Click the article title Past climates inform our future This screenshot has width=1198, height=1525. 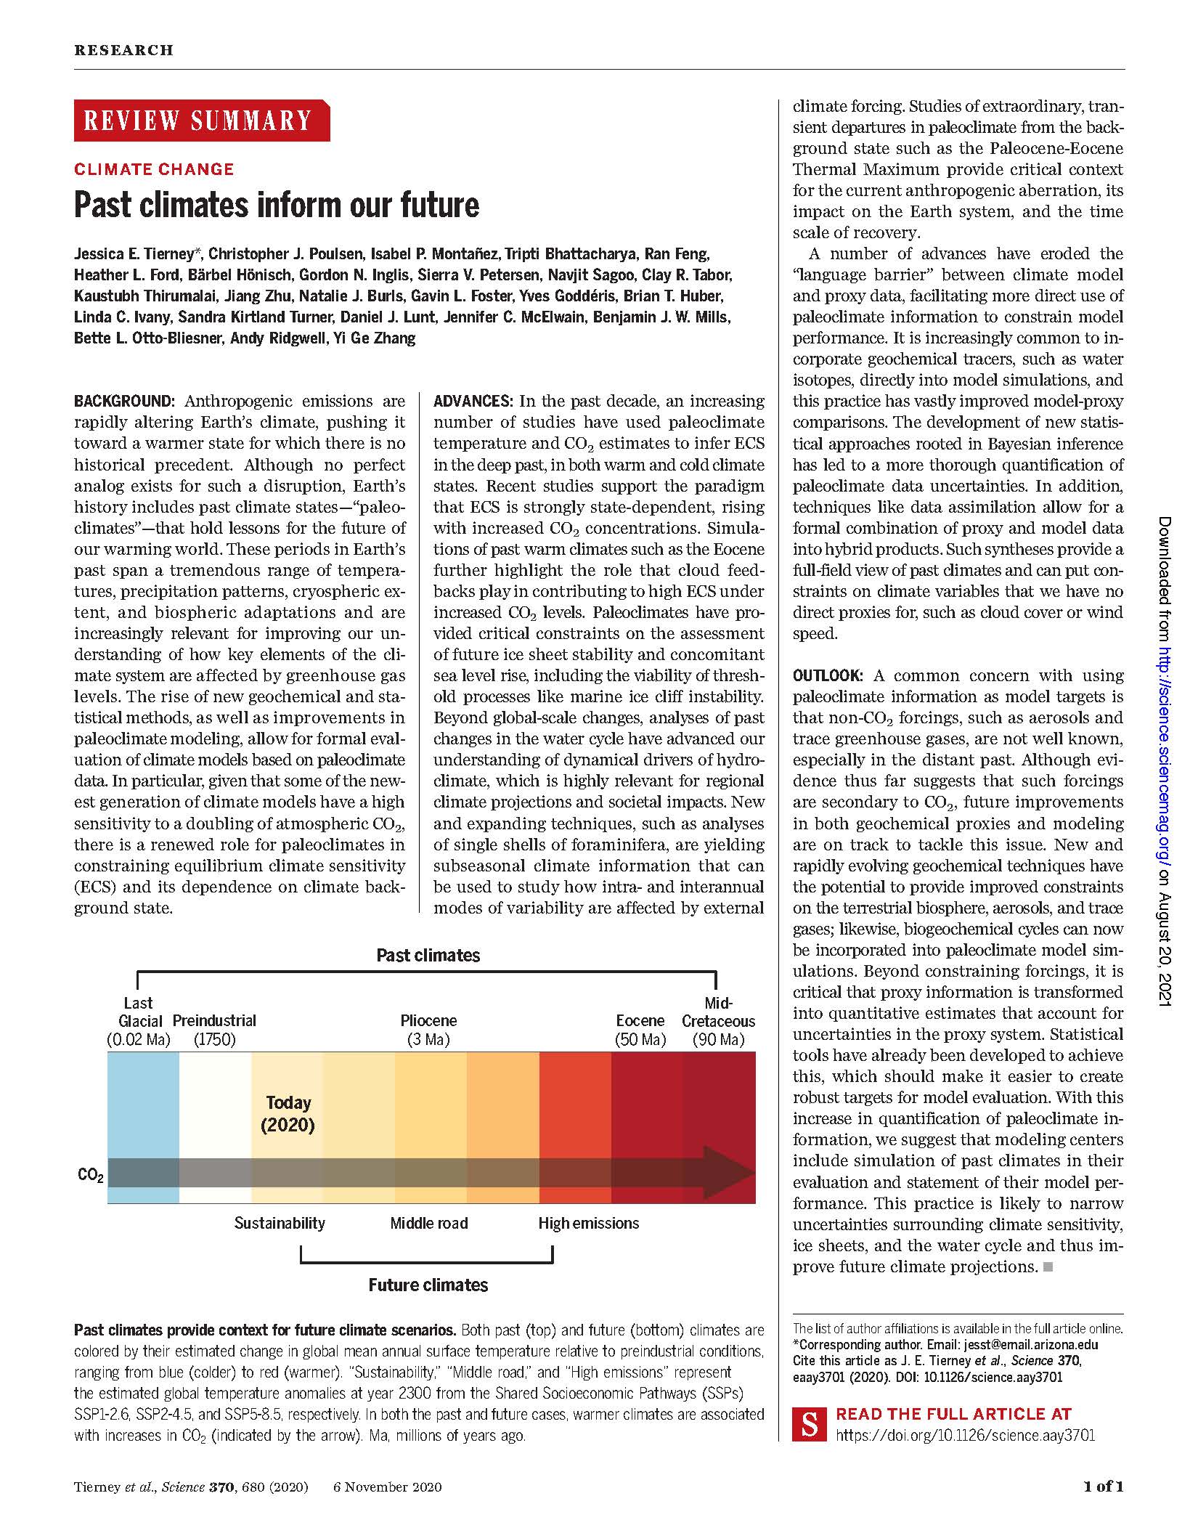click(277, 205)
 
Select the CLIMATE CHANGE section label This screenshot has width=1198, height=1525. click(154, 169)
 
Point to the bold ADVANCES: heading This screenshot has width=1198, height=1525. click(474, 402)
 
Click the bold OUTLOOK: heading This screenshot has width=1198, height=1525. click(828, 675)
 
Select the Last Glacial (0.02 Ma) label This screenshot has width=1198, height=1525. click(138, 1021)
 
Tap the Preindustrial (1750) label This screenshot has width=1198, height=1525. click(214, 1030)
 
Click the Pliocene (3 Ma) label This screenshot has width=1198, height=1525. click(428, 1030)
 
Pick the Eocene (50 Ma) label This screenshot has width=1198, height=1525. click(640, 1030)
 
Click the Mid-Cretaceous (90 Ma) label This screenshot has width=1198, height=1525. click(718, 1021)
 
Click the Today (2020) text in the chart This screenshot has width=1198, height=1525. click(288, 1114)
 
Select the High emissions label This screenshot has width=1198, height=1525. click(589, 1224)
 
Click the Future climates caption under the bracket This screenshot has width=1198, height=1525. click(428, 1285)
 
